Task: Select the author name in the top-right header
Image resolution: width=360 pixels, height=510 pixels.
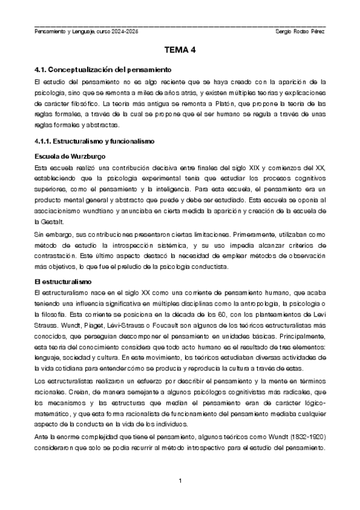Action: [299, 31]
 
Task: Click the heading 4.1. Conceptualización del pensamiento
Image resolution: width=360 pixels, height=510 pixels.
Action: [103, 70]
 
